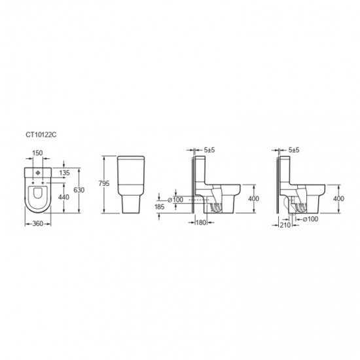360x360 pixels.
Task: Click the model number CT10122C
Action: click(41, 135)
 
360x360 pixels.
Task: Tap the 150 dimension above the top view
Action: click(37, 153)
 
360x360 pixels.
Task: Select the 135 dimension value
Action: click(65, 173)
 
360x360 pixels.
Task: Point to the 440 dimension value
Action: click(63, 197)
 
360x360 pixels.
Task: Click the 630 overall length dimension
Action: click(79, 190)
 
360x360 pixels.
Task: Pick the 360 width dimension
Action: click(38, 224)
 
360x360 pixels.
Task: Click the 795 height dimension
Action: click(104, 184)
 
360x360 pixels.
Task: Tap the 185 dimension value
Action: click(159, 207)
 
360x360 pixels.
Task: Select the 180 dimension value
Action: click(201, 223)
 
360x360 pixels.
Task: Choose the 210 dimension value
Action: click(285, 225)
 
